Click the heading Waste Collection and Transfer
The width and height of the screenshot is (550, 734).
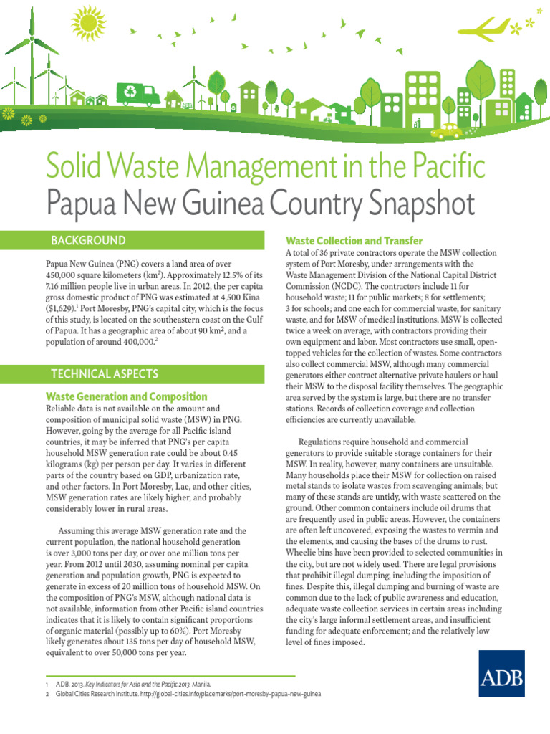(354, 241)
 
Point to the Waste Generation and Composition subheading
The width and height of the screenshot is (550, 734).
(127, 396)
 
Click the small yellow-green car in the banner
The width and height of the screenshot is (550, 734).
(449, 130)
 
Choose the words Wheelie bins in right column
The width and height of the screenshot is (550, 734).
(312, 553)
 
